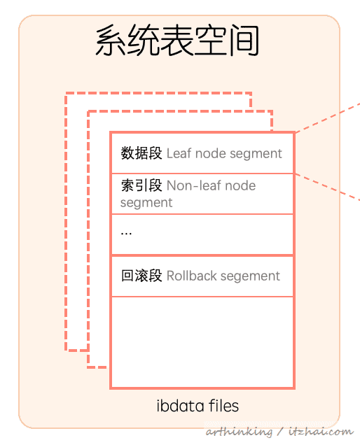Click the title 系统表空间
177,41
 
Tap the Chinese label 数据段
141,153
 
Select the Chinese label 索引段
141,185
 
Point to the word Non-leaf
194,185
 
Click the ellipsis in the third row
126,234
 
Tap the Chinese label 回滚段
141,276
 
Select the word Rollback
191,276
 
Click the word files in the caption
223,406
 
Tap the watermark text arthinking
239,432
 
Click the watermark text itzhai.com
321,432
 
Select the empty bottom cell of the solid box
202,342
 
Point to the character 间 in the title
244,41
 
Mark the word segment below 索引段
146,203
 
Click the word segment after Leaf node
256,154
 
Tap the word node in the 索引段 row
240,186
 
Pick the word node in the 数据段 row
211,153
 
